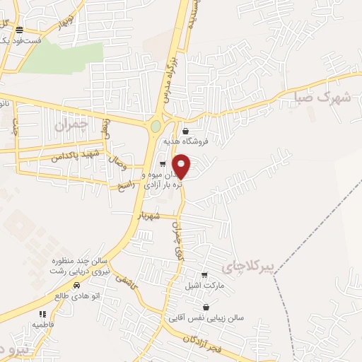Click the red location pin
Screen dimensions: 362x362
coord(182,166)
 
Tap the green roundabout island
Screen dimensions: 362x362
coord(156,127)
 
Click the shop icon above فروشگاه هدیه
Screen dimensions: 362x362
coord(185,131)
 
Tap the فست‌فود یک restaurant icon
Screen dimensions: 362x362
coord(19,30)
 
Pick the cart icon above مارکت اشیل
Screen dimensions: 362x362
coord(204,275)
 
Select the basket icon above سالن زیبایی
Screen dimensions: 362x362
coord(206,308)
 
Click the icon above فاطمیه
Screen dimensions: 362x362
coord(42,314)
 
